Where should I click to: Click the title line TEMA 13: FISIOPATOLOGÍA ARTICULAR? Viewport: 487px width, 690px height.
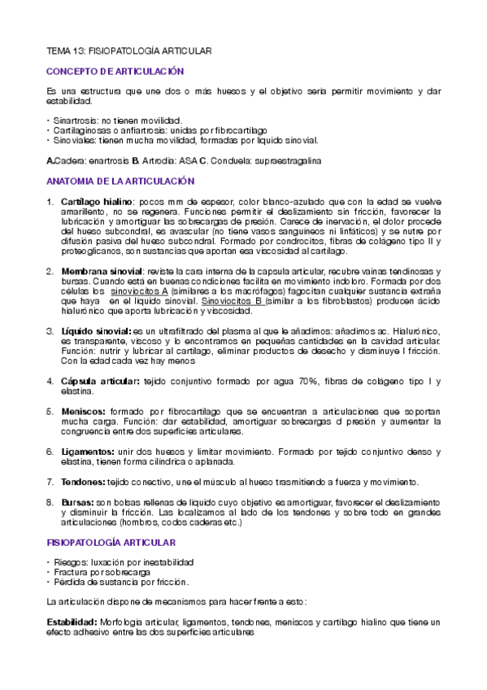pyautogui.click(x=129, y=51)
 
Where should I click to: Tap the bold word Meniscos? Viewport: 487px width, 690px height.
pyautogui.click(x=85, y=412)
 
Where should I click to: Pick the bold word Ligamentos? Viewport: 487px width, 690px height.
pyautogui.click(x=89, y=451)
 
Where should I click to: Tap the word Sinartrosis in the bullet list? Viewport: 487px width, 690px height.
pyautogui.click(x=77, y=120)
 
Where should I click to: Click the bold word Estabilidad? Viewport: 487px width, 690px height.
pyautogui.click(x=72, y=622)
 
